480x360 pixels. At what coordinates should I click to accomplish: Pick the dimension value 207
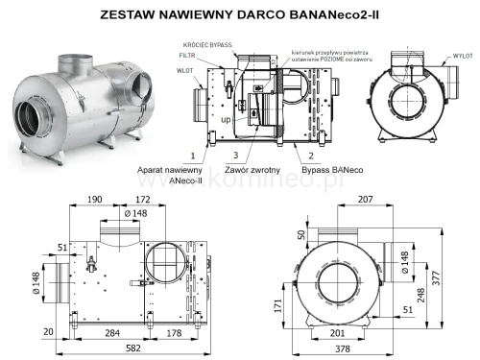[364, 199]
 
